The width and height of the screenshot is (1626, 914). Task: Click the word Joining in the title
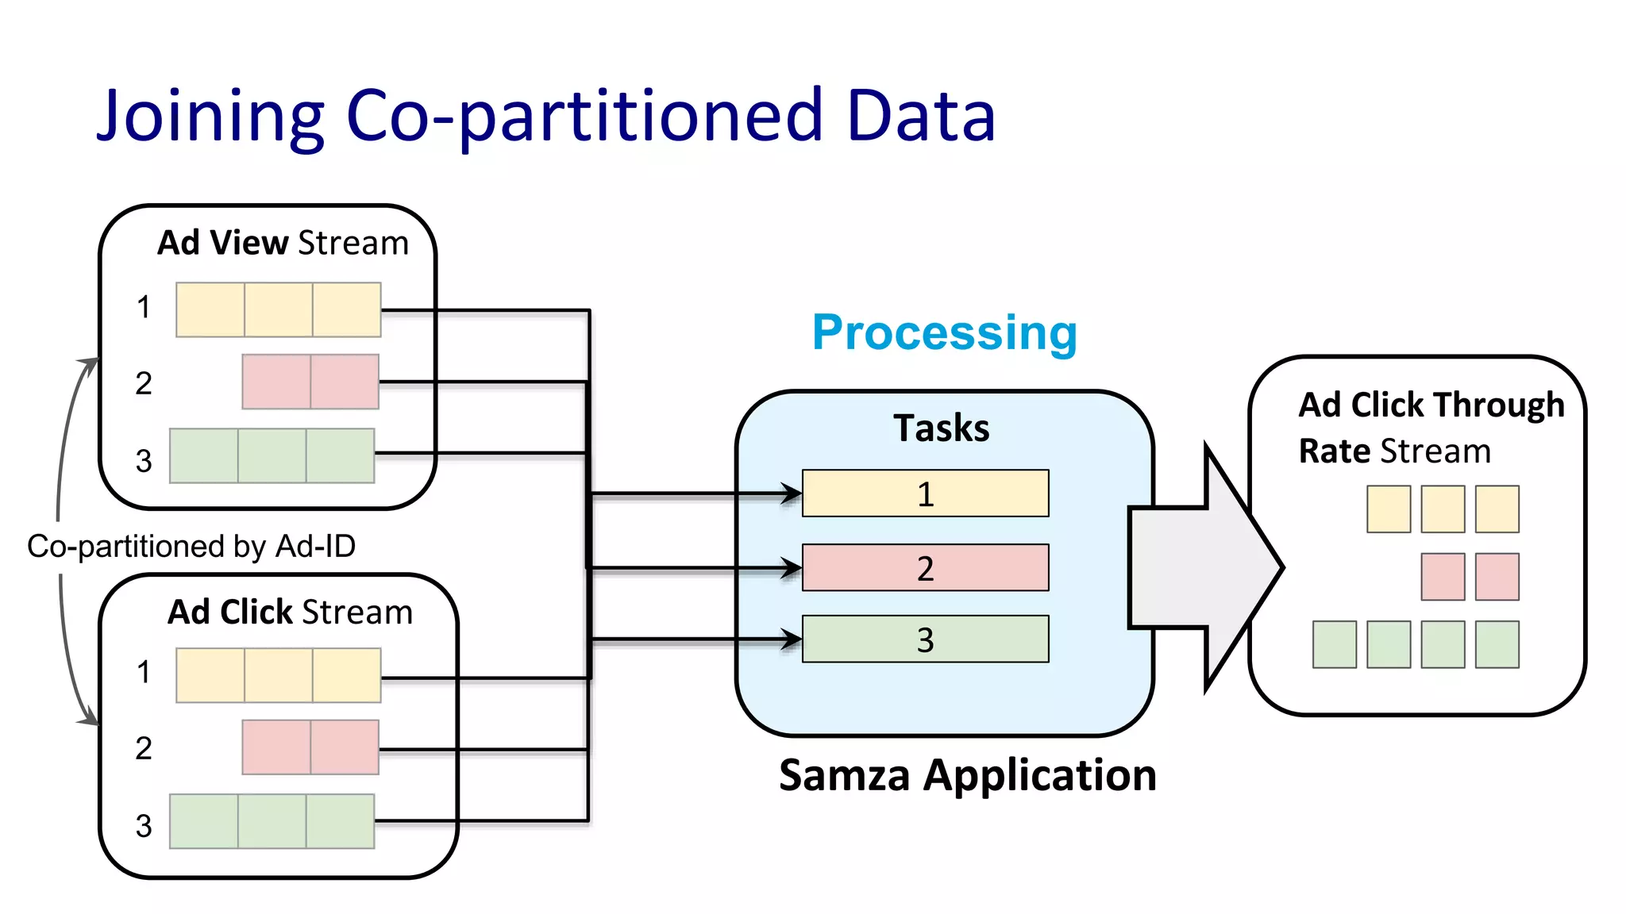click(x=210, y=117)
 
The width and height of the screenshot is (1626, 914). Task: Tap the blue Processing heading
click(x=944, y=332)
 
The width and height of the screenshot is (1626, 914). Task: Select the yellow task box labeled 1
click(x=925, y=493)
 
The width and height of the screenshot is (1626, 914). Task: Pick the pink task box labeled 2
click(x=925, y=567)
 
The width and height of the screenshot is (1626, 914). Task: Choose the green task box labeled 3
click(x=925, y=639)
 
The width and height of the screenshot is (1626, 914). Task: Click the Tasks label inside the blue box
click(x=941, y=428)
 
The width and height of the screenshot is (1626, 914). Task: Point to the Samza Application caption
click(x=967, y=775)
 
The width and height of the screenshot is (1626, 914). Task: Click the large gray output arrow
click(x=1199, y=567)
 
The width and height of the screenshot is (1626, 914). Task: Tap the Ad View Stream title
click(x=283, y=243)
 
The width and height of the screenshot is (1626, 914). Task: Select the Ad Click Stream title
click(x=290, y=613)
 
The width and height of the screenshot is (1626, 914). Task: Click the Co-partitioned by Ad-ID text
click(x=191, y=547)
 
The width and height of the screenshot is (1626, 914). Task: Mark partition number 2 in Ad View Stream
click(x=144, y=384)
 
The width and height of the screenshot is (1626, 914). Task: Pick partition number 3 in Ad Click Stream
click(x=144, y=826)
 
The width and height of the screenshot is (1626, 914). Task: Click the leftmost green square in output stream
click(x=1334, y=644)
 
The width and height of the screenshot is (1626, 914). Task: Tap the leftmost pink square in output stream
click(x=1443, y=577)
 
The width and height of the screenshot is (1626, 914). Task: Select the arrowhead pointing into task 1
click(x=792, y=493)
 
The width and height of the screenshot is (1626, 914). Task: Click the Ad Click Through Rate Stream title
click(x=1431, y=428)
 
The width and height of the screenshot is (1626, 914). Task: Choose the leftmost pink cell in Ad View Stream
click(x=275, y=382)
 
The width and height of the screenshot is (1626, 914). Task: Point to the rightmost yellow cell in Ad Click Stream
click(x=347, y=675)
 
